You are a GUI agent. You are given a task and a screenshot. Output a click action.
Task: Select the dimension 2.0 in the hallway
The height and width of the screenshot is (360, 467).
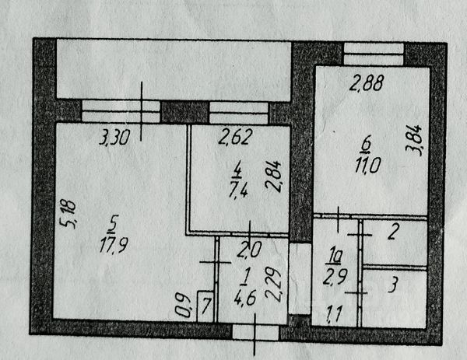pyautogui.click(x=246, y=250)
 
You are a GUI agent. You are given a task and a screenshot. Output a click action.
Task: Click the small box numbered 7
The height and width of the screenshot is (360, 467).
pyautogui.click(x=206, y=303)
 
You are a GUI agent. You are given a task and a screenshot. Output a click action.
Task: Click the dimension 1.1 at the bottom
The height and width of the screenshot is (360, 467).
pyautogui.click(x=334, y=316)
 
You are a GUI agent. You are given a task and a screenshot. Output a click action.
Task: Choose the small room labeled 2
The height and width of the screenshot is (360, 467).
pyautogui.click(x=394, y=231)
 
